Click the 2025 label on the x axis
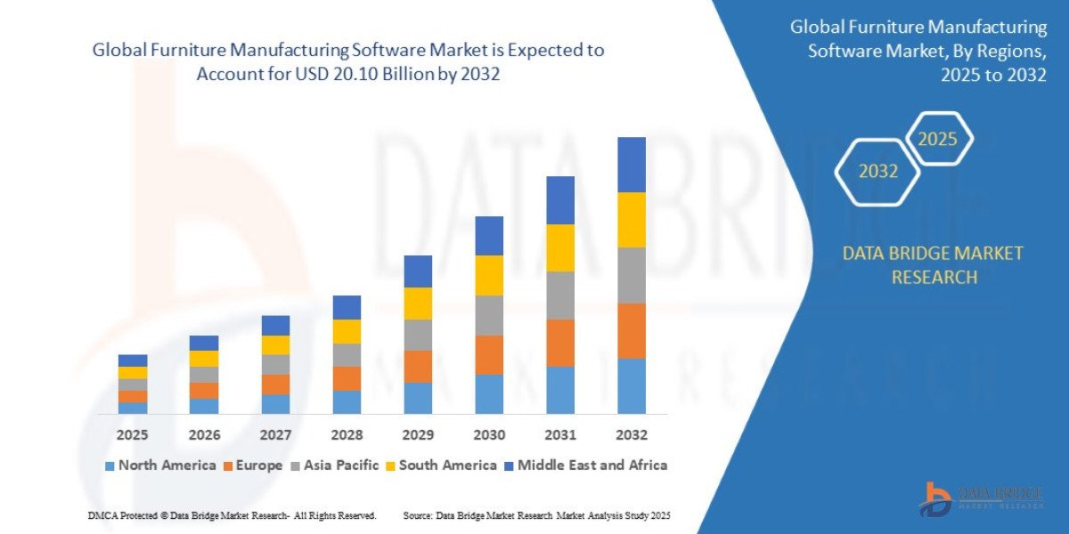point(132,435)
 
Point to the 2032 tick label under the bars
point(631,435)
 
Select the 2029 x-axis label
point(417,435)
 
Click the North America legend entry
point(160,465)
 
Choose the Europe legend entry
point(253,465)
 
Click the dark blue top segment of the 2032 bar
point(631,165)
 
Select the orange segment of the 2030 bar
point(488,354)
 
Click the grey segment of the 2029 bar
point(417,335)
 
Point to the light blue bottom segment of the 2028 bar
point(346,402)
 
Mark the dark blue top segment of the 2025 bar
point(132,360)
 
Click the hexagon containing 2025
point(937,139)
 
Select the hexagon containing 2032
point(878,172)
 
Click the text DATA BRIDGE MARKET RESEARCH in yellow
point(933,265)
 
